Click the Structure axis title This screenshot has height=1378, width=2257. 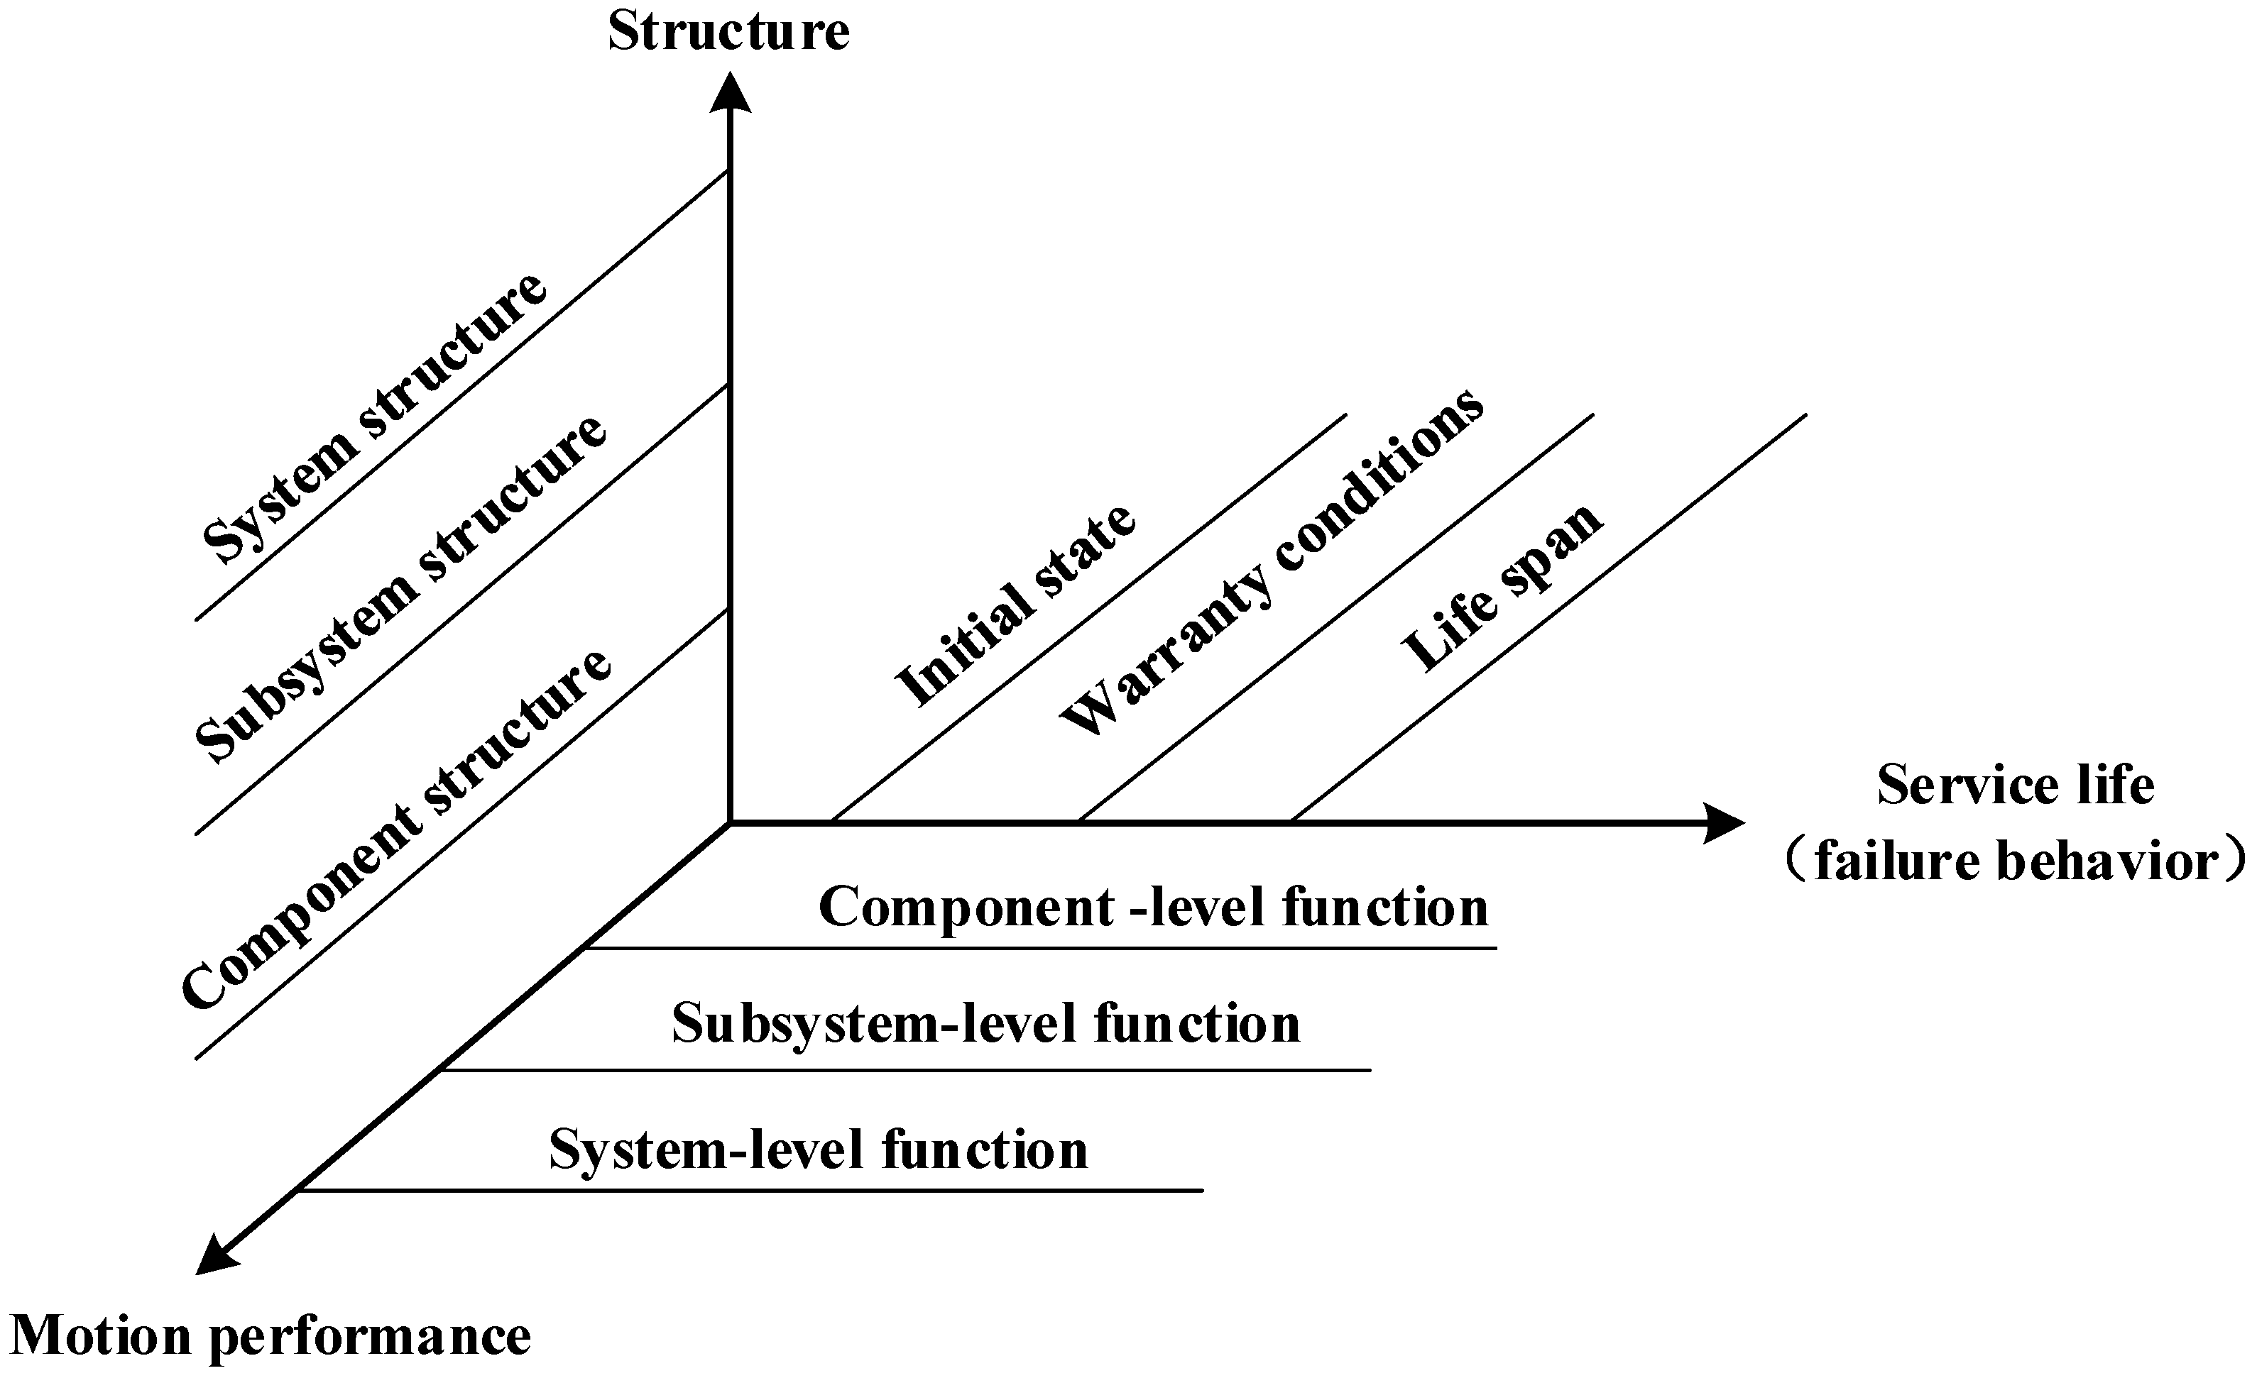coord(728,31)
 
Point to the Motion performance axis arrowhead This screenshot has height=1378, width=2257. coord(216,1255)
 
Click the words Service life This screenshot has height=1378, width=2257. coord(2015,785)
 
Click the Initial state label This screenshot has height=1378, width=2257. coord(1015,605)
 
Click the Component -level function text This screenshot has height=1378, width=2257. coord(1152,908)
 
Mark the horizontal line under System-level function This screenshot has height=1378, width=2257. coord(751,1190)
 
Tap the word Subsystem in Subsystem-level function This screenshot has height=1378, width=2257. coord(804,1024)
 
